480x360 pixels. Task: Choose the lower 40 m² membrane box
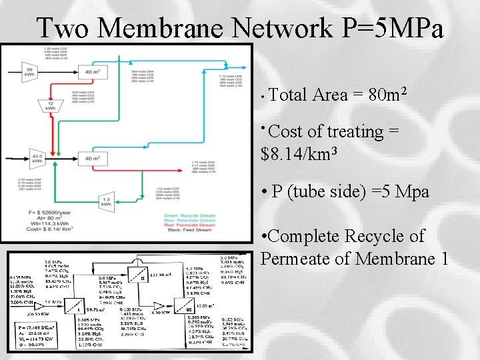[92, 158]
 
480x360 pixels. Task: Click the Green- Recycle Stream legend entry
[189, 215]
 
